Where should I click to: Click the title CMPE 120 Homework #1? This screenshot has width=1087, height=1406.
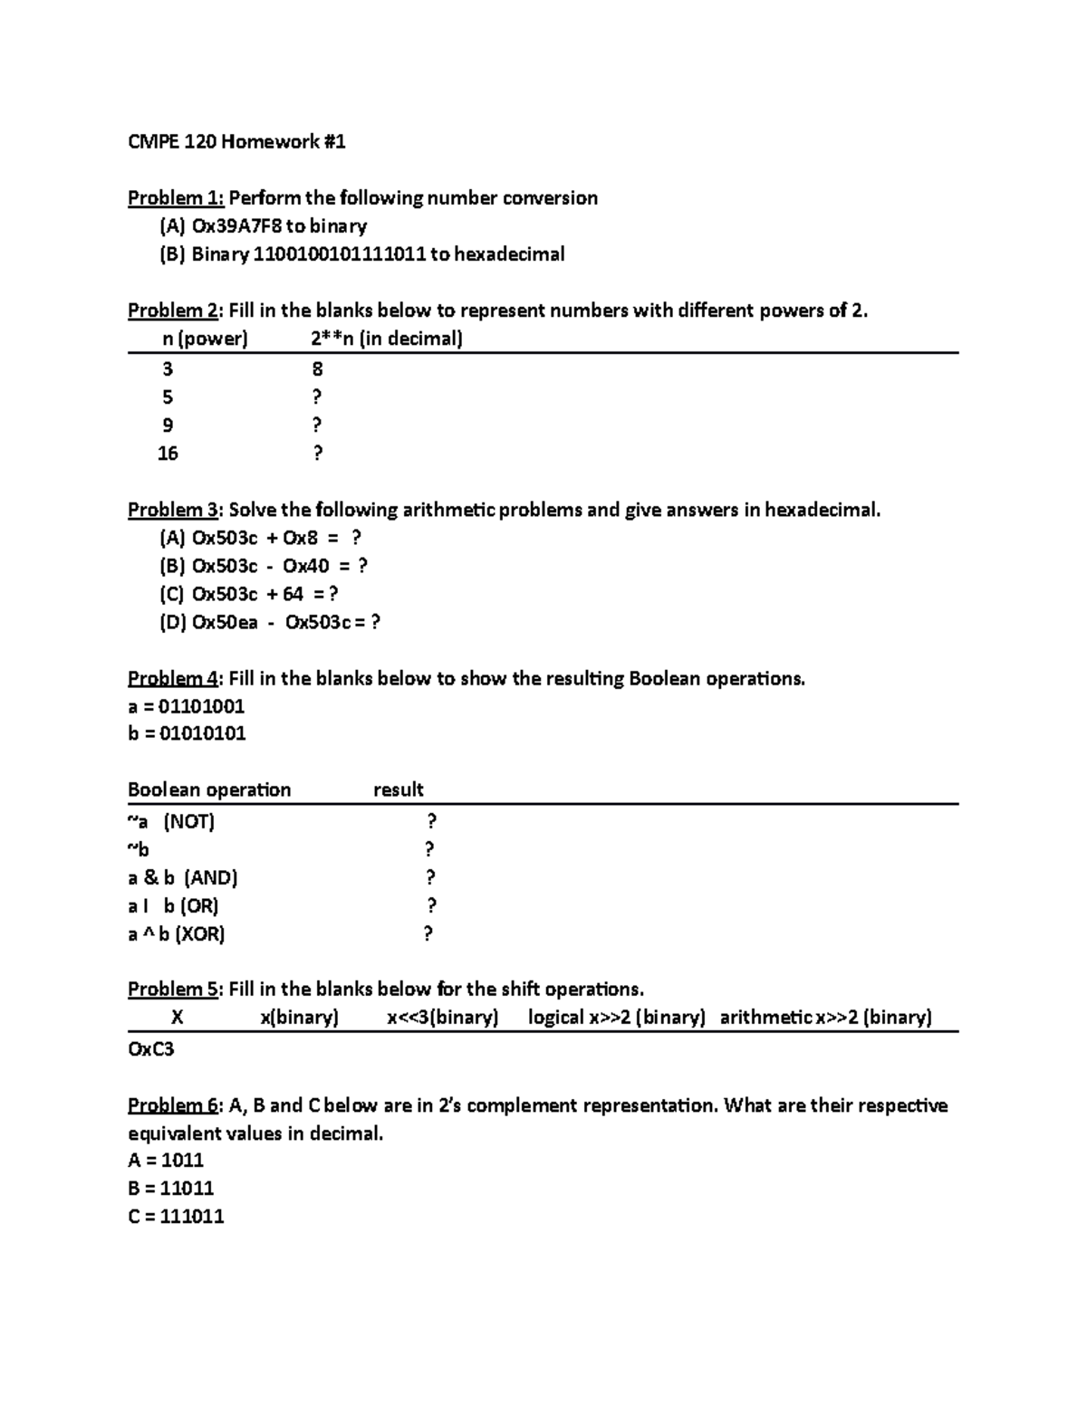(x=236, y=141)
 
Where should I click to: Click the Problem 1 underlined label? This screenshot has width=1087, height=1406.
(x=176, y=198)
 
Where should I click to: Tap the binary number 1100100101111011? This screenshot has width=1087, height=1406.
(x=339, y=254)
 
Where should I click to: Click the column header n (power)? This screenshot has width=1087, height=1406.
(x=205, y=339)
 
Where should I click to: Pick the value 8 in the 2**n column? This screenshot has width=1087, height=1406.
(x=317, y=368)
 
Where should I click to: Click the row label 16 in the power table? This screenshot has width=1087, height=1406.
(x=168, y=454)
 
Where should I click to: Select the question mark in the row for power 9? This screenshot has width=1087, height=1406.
(x=317, y=426)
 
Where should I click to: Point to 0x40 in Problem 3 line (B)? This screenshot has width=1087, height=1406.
(x=305, y=566)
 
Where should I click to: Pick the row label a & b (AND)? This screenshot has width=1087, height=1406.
(x=182, y=877)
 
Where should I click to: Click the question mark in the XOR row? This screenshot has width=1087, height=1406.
(x=428, y=933)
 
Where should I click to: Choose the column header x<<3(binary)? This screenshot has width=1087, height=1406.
(x=443, y=1017)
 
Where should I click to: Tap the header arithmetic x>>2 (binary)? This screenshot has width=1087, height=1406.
(x=825, y=1017)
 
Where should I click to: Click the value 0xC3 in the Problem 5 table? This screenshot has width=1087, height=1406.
(x=150, y=1049)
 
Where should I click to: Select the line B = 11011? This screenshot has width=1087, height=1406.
(x=170, y=1188)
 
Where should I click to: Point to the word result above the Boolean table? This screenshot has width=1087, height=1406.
(x=399, y=789)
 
